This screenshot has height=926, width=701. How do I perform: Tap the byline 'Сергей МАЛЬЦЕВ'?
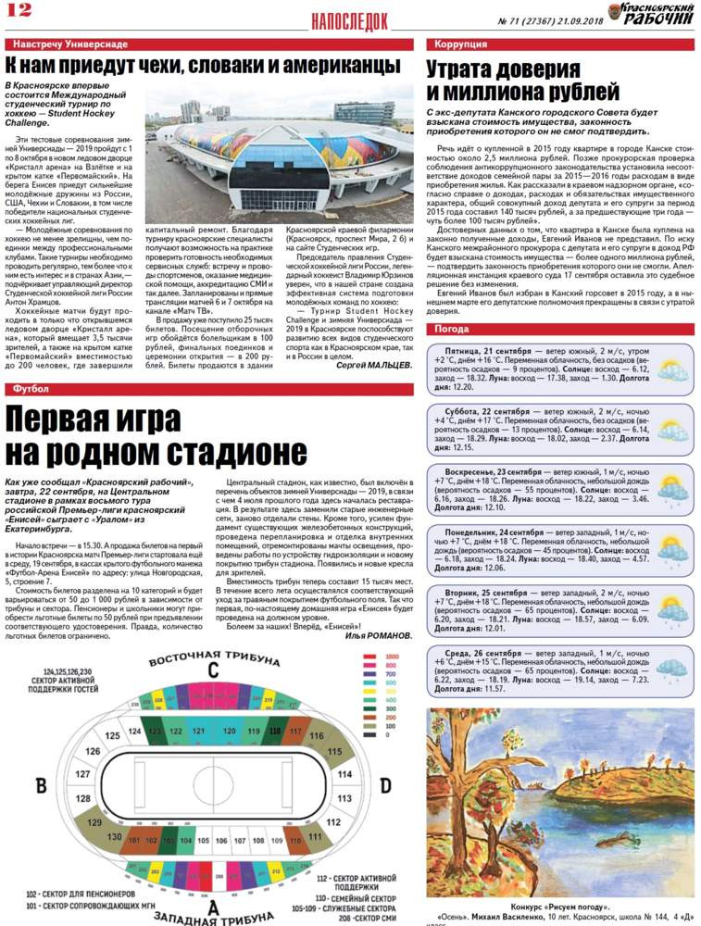click(374, 366)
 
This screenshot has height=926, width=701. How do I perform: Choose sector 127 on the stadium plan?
click(82, 773)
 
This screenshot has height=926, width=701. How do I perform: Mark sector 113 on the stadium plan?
click(344, 797)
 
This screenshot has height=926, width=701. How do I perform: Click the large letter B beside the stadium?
click(41, 785)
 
